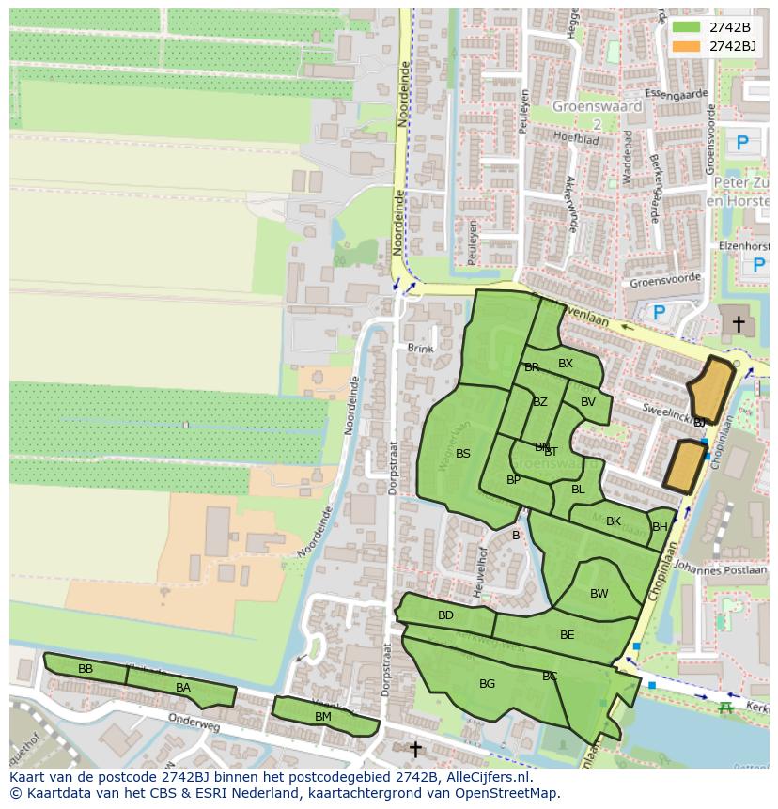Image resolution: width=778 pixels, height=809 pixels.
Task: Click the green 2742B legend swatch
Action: [687, 27]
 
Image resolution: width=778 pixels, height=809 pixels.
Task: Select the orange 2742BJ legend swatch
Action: [687, 46]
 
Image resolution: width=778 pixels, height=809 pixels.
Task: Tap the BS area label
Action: [463, 454]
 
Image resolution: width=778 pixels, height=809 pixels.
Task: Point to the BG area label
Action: [487, 684]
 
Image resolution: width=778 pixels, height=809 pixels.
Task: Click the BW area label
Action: [599, 594]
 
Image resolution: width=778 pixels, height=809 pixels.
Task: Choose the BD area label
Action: [445, 615]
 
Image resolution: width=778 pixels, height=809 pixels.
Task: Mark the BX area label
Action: [566, 364]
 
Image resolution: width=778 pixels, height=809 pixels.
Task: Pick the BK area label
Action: [614, 521]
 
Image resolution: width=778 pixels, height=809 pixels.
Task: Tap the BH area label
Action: [660, 527]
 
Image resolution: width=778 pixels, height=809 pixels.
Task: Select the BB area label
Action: [86, 669]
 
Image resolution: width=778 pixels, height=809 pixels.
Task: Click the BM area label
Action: [323, 717]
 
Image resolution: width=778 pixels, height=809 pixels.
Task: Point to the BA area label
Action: [183, 688]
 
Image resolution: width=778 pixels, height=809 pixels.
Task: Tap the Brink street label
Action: [420, 349]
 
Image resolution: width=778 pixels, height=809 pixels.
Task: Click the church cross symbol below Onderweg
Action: [415, 749]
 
